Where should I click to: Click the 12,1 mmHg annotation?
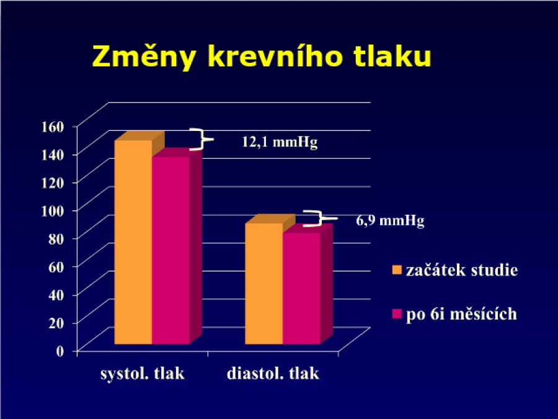[280, 142]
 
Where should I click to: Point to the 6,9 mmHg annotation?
[391, 220]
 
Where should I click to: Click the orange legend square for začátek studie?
[396, 270]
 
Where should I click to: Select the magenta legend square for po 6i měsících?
[396, 314]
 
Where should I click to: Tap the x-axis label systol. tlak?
[143, 374]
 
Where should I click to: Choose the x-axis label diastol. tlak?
[273, 374]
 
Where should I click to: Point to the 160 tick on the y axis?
[53, 127]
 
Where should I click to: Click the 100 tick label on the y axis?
[53, 210]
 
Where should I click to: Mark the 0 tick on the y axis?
[60, 351]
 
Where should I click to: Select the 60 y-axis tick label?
[56, 266]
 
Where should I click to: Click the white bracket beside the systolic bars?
[201, 139]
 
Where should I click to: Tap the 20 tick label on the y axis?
[56, 323]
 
